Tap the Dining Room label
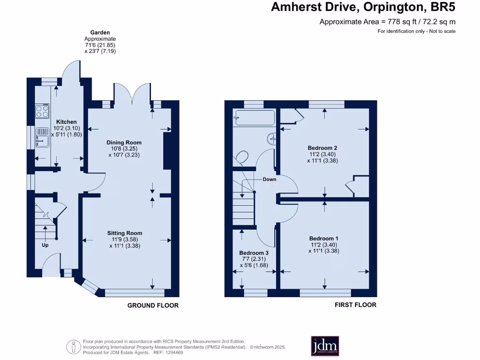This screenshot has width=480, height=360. pyautogui.click(x=124, y=142)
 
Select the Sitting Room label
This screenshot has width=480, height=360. pyautogui.click(x=124, y=233)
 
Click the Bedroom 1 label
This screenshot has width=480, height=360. pyautogui.click(x=323, y=239)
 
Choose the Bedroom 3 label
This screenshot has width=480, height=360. pyautogui.click(x=253, y=253)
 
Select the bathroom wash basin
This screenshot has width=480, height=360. pyautogui.click(x=271, y=139)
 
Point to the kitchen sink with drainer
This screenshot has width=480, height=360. pyautogui.click(x=42, y=137)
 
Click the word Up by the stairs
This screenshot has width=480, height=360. pyautogui.click(x=46, y=245)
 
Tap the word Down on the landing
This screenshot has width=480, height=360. pyautogui.click(x=270, y=179)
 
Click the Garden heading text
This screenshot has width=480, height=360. pyautogui.click(x=100, y=33)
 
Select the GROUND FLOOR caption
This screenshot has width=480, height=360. pyautogui.click(x=153, y=305)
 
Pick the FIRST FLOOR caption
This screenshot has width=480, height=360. pyautogui.click(x=355, y=305)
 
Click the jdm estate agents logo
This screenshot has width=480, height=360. pyautogui.click(x=325, y=346)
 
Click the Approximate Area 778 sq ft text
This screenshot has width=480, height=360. pyautogui.click(x=387, y=22)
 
